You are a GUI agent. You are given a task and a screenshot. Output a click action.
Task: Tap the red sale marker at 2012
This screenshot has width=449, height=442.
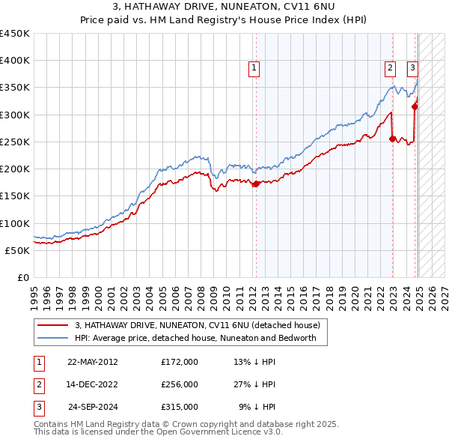tap(256, 184)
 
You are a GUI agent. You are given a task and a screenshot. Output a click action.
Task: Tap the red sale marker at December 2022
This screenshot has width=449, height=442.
tap(392, 138)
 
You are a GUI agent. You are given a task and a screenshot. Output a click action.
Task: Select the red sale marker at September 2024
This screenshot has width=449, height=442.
tap(415, 106)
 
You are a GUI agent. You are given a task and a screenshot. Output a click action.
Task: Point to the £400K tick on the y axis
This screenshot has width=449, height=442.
tap(15, 61)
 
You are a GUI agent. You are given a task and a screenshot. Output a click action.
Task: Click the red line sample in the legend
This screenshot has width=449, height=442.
tap(52, 325)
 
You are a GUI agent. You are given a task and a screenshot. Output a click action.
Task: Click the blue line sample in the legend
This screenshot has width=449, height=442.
tap(52, 338)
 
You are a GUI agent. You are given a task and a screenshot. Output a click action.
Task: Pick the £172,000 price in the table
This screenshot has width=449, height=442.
tap(180, 362)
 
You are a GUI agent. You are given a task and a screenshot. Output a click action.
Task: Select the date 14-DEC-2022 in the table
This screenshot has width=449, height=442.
tap(93, 384)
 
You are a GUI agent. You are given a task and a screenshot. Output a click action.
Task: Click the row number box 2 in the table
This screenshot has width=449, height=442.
tap(38, 384)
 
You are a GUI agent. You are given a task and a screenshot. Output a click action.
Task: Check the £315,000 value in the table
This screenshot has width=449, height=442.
tap(180, 407)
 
